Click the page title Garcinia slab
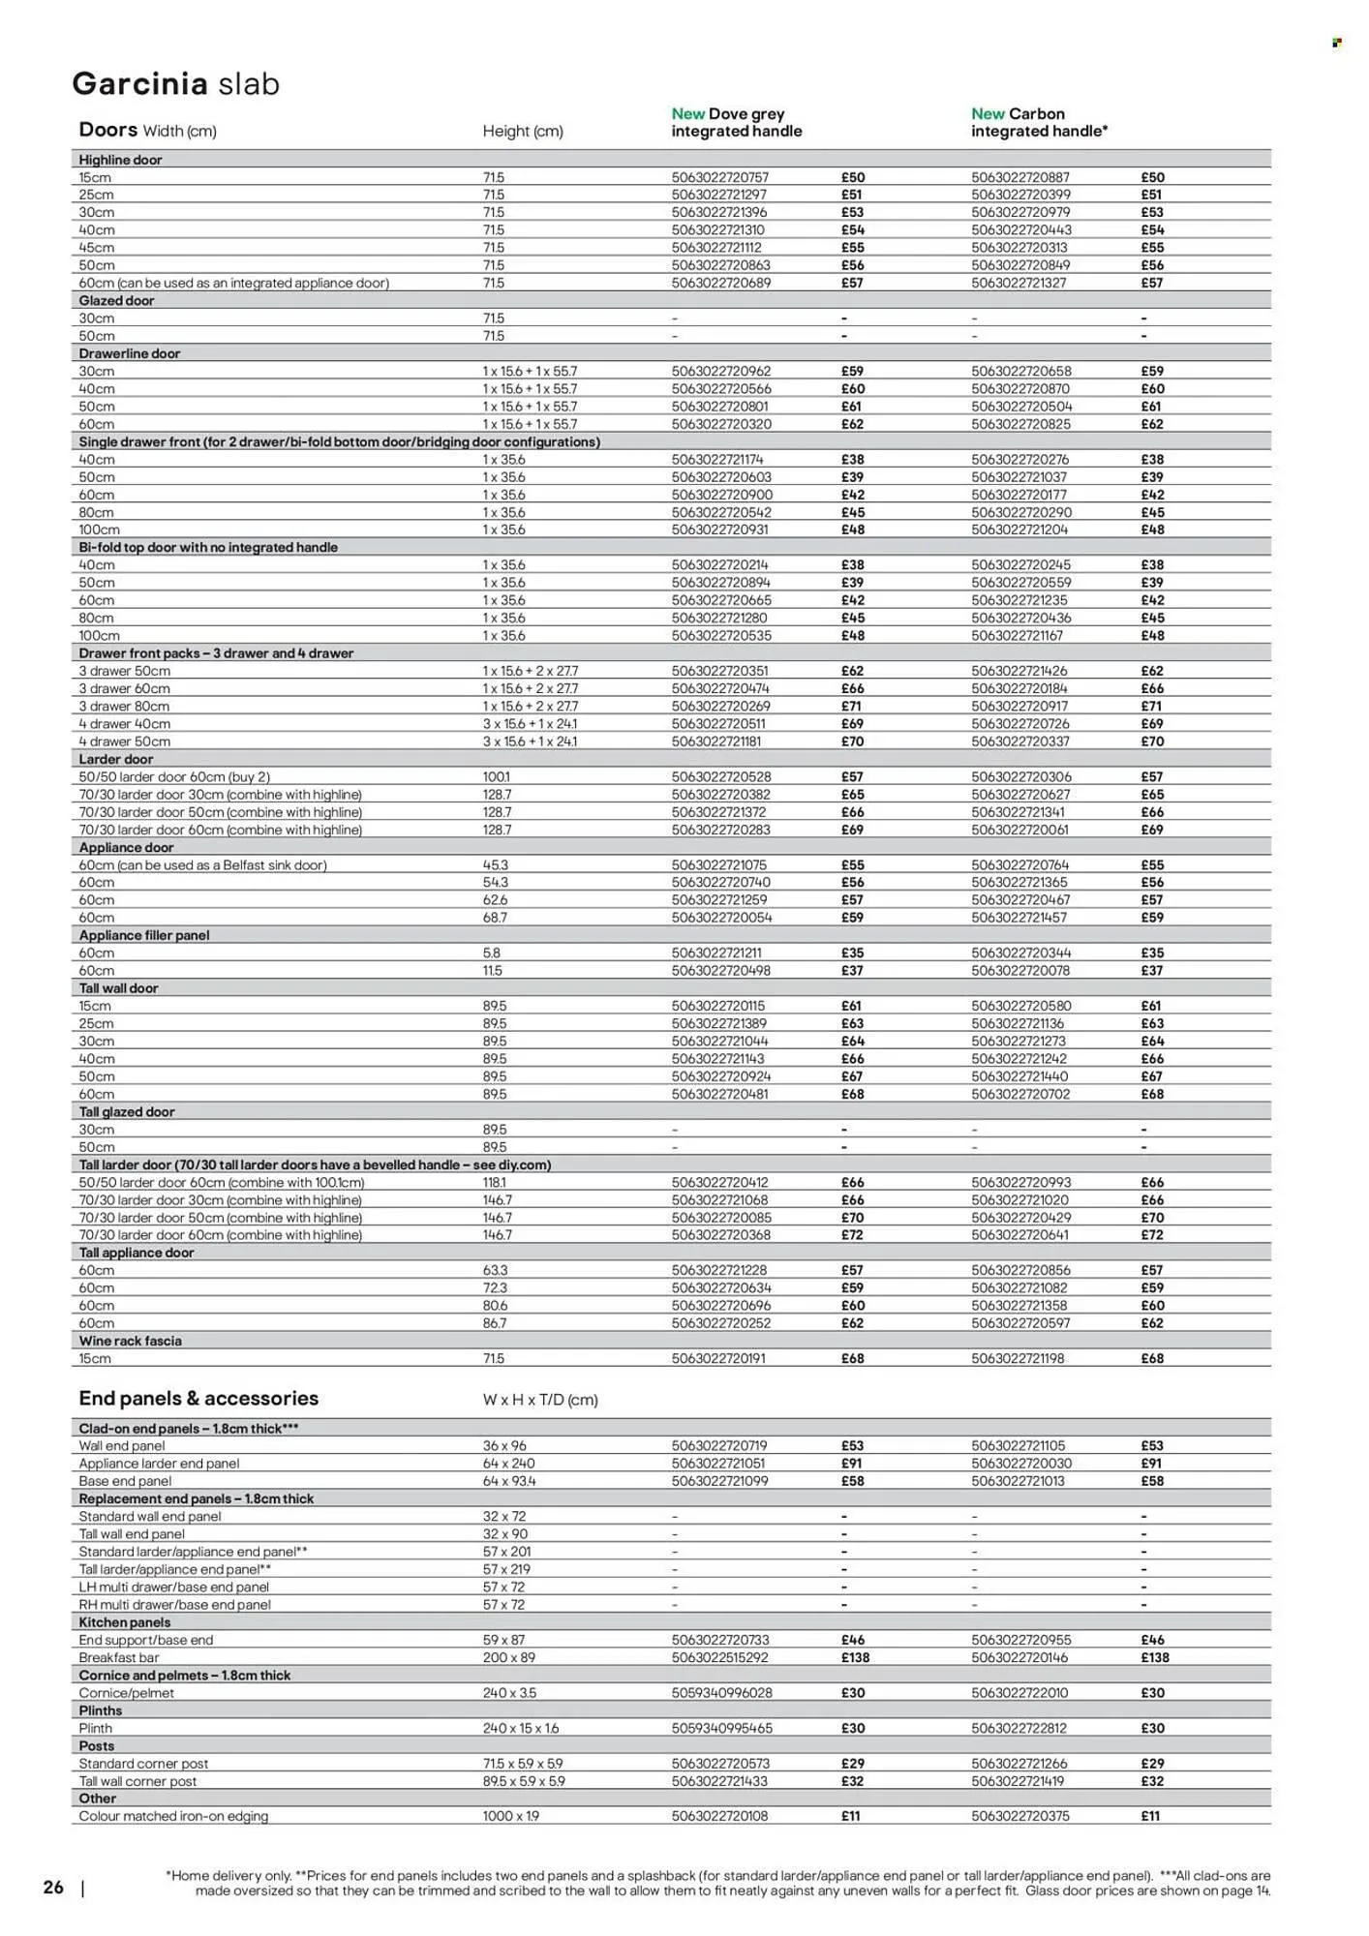[175, 84]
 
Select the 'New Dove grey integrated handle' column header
[736, 122]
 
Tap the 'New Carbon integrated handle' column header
[1039, 122]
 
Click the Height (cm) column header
[522, 131]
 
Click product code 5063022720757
[720, 177]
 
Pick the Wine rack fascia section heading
[130, 1341]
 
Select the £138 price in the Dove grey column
[855, 1657]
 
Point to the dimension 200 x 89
[508, 1657]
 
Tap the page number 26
[53, 1887]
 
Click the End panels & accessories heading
[198, 1398]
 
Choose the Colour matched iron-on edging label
[173, 1816]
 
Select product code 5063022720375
[1020, 1816]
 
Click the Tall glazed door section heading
[126, 1111]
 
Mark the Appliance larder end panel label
[159, 1464]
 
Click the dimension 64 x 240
[508, 1464]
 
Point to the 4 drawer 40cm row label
[124, 723]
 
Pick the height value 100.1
[496, 776]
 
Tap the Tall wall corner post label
[137, 1781]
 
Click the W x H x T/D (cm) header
[539, 1400]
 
